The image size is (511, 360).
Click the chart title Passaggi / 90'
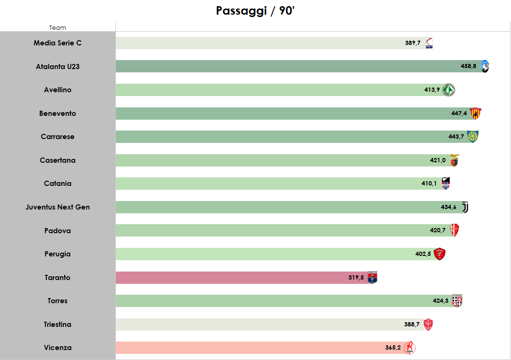(255, 11)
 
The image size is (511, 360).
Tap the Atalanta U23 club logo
(485, 67)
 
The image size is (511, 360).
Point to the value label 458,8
(468, 67)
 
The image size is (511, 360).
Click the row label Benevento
(58, 114)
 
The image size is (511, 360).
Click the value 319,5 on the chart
(356, 278)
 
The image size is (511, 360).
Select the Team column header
(58, 28)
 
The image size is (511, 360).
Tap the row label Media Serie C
(58, 43)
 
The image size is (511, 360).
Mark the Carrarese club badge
(473, 137)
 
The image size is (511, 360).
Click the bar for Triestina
(260, 325)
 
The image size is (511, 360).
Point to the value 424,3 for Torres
(440, 301)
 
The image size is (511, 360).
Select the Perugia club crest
(440, 254)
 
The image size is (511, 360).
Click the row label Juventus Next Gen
(58, 207)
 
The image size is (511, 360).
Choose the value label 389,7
(413, 43)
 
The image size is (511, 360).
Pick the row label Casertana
(58, 160)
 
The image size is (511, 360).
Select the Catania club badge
(445, 184)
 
